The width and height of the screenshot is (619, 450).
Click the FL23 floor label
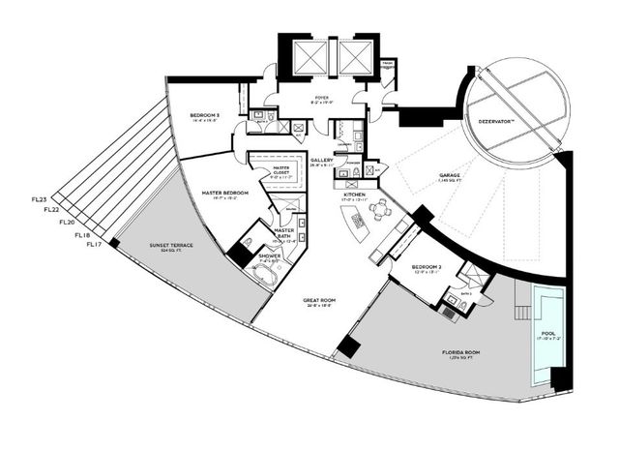coord(40,199)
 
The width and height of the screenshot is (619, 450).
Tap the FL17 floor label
coord(95,245)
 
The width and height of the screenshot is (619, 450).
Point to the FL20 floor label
coord(67,223)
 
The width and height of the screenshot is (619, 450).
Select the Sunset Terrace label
coord(170,246)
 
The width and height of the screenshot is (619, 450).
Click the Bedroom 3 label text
coord(204,117)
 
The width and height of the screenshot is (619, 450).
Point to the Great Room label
coord(318,301)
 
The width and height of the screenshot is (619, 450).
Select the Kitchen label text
coord(355,195)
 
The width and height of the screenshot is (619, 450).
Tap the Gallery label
coord(321,161)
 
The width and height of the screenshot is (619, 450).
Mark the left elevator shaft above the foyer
coord(309,57)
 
